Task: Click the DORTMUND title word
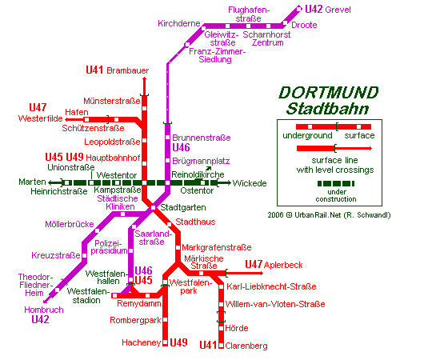click(x=329, y=93)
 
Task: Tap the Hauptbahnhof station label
click(x=113, y=158)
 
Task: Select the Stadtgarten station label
click(x=183, y=208)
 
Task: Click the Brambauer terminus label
click(x=128, y=70)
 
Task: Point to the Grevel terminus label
click(x=338, y=10)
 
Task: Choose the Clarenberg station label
click(x=246, y=346)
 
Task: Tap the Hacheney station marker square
click(x=166, y=342)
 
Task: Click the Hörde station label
click(x=237, y=328)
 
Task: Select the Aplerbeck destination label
click(x=283, y=265)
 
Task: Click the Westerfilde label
click(x=41, y=118)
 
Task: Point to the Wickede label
click(x=250, y=183)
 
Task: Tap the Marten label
click(x=32, y=182)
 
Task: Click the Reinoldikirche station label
click(x=198, y=174)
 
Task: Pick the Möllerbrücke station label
click(x=70, y=224)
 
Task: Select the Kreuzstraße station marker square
click(x=85, y=256)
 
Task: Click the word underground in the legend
click(x=307, y=135)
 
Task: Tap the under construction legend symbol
click(x=336, y=183)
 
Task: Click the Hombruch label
click(x=44, y=310)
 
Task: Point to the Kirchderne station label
click(x=179, y=23)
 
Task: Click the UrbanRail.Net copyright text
click(x=329, y=215)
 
